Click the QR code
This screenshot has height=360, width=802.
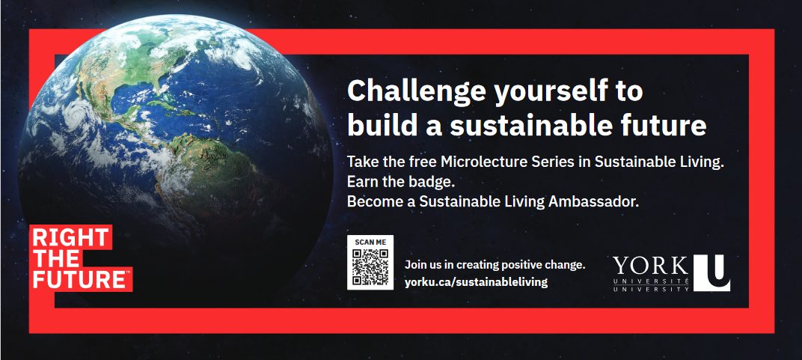point(370,266)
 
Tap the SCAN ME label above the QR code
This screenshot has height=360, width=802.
point(370,242)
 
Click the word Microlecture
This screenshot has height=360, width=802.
point(478,162)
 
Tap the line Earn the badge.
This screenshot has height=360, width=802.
point(400,182)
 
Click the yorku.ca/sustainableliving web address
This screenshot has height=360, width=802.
point(476,281)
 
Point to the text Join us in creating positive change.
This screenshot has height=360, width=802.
point(495,265)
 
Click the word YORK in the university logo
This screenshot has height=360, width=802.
point(651,266)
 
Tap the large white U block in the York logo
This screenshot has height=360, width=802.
point(712,273)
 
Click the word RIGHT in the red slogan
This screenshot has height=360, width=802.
point(71,238)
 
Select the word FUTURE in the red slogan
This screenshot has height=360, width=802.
point(79,279)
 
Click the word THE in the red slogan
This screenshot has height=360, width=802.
point(56,258)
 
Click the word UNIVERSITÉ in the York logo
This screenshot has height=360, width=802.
point(651,281)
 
